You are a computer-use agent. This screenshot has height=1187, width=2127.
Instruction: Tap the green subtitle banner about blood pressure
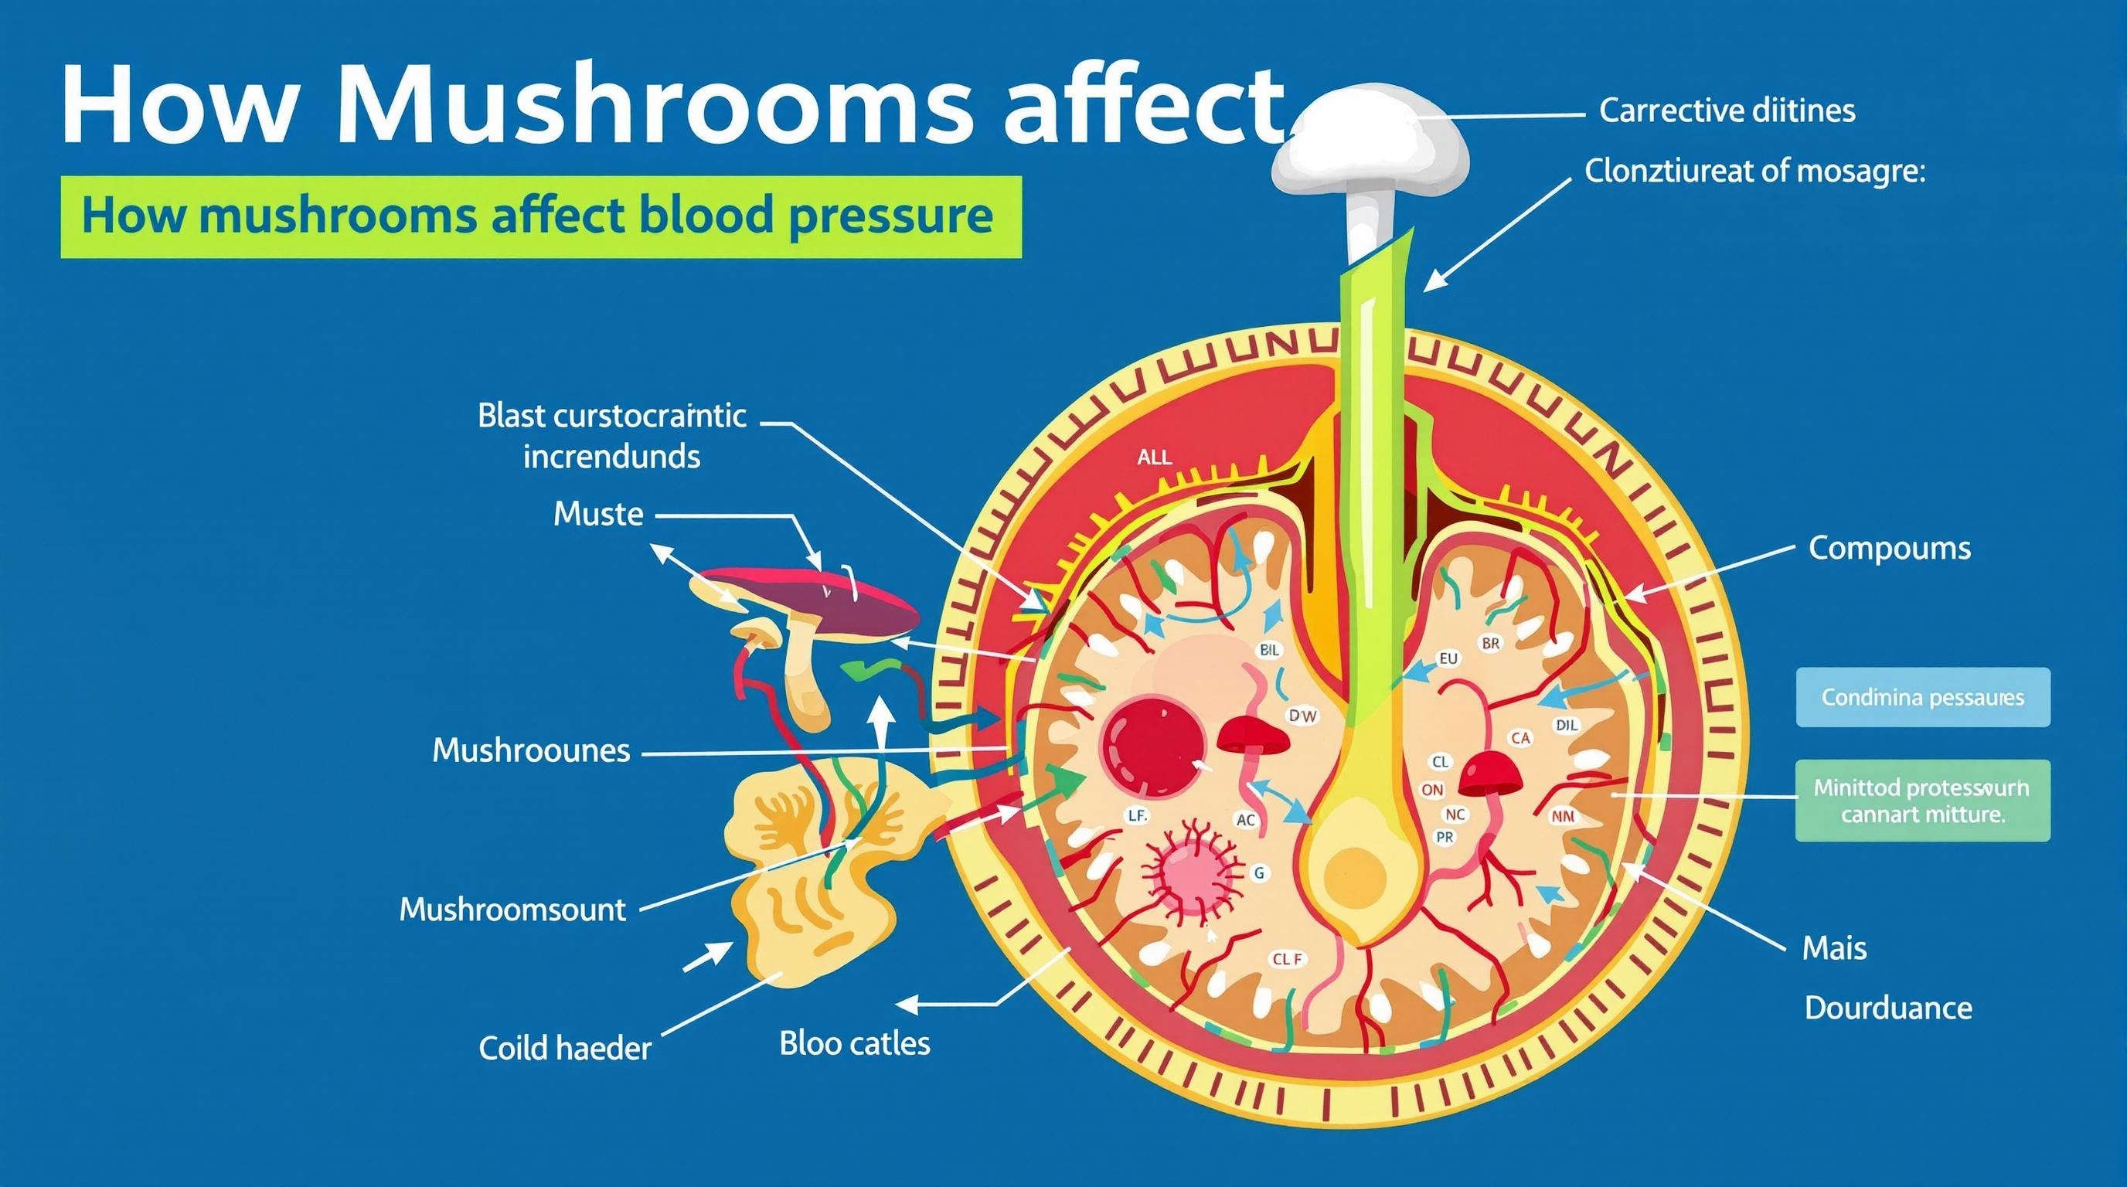click(x=540, y=216)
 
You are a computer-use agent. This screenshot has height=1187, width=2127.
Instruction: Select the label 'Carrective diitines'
click(x=1727, y=110)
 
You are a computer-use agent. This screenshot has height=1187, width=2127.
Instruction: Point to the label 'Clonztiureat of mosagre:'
click(x=1754, y=171)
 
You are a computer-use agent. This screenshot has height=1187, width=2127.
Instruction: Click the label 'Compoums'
click(x=1889, y=548)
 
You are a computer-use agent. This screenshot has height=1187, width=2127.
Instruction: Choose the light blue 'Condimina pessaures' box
click(x=1922, y=698)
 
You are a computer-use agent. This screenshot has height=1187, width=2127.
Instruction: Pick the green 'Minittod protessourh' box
click(x=1921, y=800)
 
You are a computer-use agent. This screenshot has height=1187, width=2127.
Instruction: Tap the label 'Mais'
click(x=1834, y=948)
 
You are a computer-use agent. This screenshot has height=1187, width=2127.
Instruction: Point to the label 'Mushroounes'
click(x=531, y=750)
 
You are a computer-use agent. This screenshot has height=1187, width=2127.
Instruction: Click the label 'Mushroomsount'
click(x=512, y=910)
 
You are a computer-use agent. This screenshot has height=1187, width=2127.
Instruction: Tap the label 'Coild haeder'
click(x=565, y=1049)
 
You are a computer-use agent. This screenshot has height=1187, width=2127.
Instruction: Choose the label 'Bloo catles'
click(x=855, y=1043)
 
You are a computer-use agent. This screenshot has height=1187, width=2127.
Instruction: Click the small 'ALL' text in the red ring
click(x=1153, y=457)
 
